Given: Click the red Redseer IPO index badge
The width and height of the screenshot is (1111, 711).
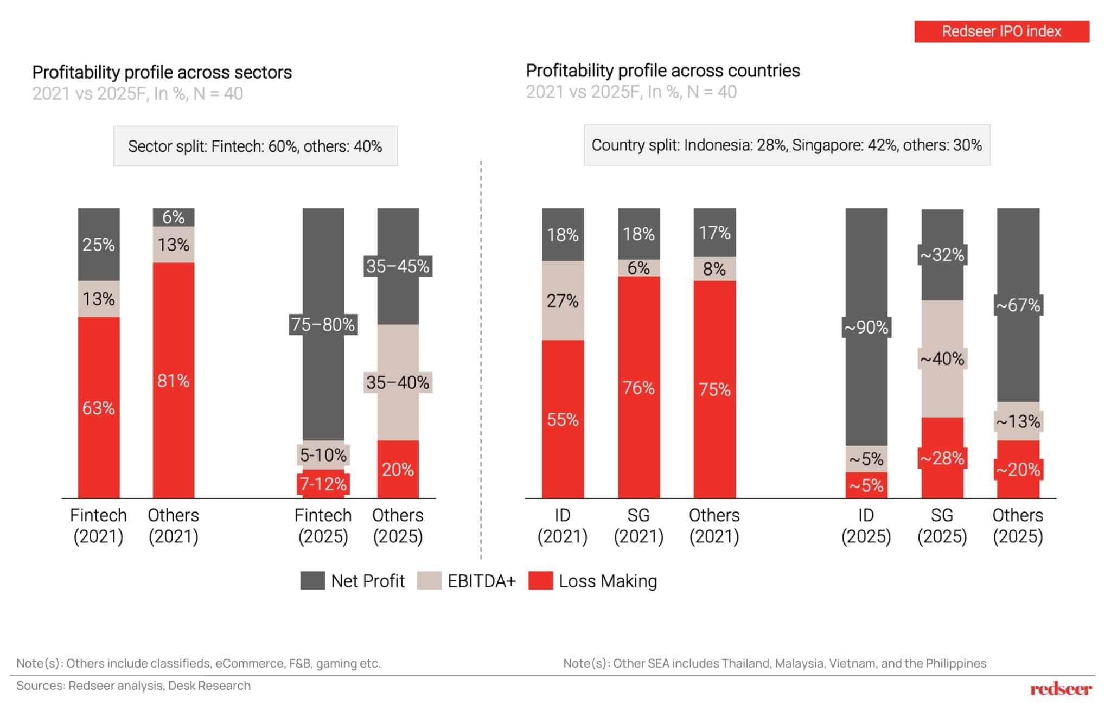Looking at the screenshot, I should pos(1001,31).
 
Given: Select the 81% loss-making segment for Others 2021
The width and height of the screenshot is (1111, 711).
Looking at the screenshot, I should pos(173,380).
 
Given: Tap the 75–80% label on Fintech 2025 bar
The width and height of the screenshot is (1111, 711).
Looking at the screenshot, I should pos(323,324).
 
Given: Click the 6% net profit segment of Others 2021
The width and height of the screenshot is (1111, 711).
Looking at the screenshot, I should pos(173,217).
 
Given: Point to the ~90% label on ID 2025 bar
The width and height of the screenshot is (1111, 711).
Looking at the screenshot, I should pos(866,327).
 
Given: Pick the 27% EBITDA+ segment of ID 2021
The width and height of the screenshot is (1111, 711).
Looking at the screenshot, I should pos(563,300).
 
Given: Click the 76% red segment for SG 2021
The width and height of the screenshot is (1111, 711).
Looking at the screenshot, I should pos(638,388).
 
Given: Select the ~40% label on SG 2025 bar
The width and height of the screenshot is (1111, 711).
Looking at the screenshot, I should pos(942,358).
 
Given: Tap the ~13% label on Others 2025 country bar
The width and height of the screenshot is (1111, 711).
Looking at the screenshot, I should pos(1018,421).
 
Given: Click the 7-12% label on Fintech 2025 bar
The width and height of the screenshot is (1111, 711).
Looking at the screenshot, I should pos(323,484).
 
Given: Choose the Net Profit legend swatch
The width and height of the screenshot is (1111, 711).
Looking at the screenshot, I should pos(312,581).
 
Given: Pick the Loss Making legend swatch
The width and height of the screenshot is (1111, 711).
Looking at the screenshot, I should pos(540,581).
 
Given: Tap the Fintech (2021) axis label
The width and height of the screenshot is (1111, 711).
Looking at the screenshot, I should pos(98,525).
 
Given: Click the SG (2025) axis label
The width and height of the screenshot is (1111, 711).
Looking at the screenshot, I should pos(942,525).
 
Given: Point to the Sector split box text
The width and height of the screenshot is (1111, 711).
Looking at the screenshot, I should pos(255,146).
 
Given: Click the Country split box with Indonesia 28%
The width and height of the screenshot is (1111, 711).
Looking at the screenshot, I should pos(787,145).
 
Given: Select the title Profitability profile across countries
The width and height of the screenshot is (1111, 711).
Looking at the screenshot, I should pos(662,71).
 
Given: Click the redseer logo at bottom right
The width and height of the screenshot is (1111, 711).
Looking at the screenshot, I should pos(1061,689).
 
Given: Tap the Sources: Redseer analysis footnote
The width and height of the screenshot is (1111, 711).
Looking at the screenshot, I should pos(133,686).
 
